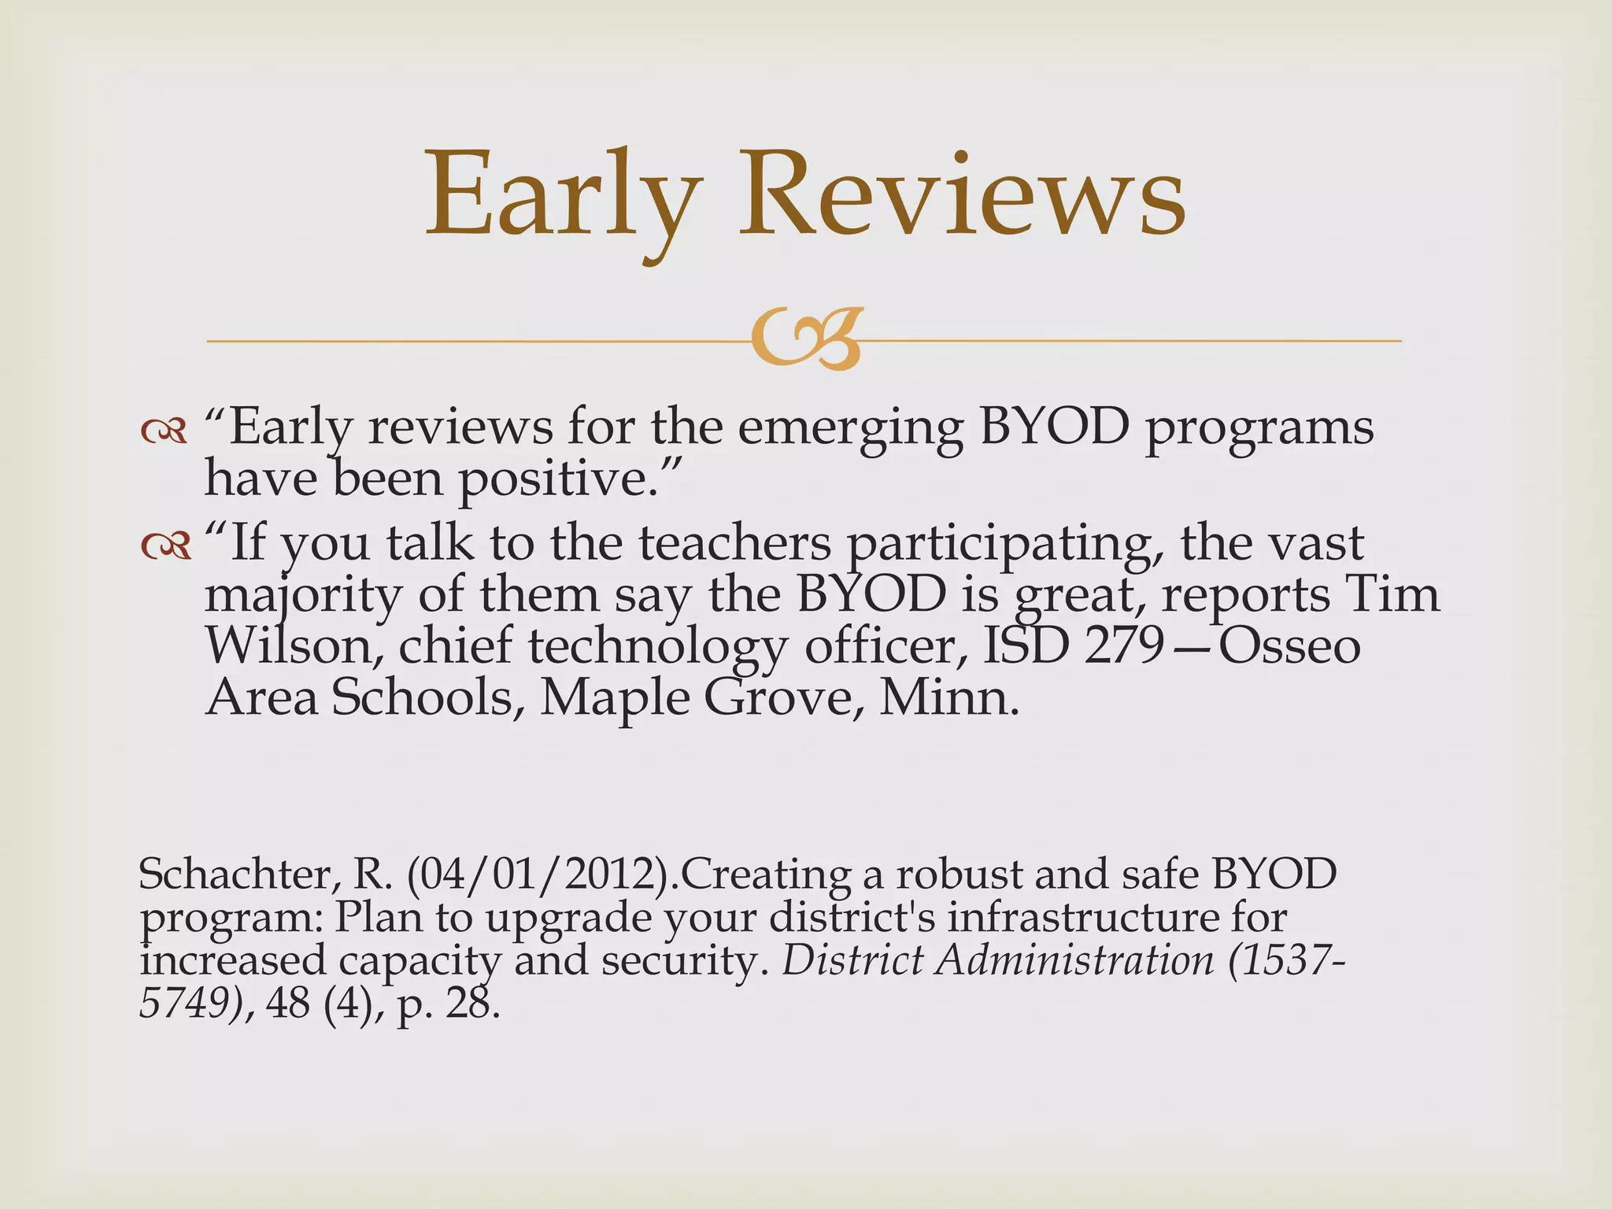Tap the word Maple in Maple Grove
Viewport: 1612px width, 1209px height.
coord(614,699)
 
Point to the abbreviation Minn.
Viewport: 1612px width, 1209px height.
coord(948,697)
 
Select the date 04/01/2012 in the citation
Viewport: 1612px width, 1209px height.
coord(544,875)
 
